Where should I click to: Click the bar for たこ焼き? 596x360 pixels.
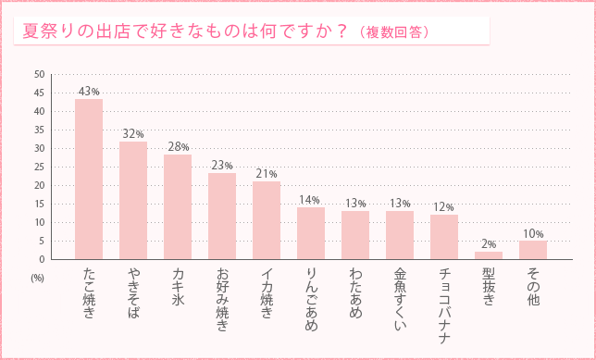[89, 179]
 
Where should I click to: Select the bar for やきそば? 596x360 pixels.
[133, 200]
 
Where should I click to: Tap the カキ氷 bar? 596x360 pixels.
[178, 206]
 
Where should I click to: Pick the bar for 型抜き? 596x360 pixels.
[489, 254]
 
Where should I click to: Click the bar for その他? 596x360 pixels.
[533, 250]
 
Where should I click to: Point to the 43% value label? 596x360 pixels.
[89, 92]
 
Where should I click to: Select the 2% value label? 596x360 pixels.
[489, 244]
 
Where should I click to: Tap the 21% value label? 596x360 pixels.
[267, 174]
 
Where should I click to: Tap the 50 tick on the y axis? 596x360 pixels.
[39, 74]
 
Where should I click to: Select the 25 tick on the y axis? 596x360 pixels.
[39, 167]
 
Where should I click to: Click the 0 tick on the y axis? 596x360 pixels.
[42, 259]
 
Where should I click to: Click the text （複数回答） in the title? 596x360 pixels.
[391, 32]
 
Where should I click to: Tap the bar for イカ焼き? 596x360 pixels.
[267, 220]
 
